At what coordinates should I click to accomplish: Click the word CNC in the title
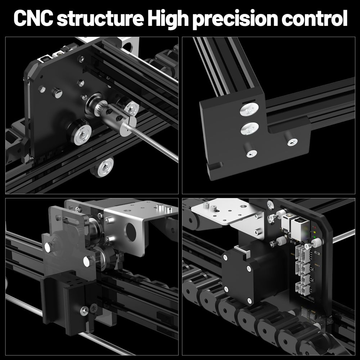click(x=33, y=18)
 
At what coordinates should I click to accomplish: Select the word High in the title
click(x=164, y=18)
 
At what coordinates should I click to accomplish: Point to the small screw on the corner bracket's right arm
click(x=291, y=142)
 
